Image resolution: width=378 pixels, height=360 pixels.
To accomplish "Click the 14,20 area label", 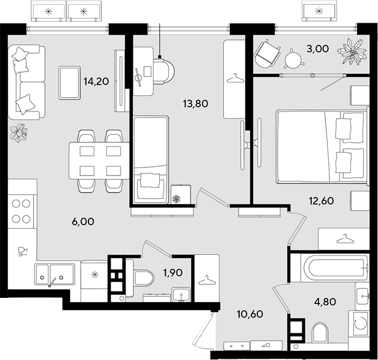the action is (96, 81).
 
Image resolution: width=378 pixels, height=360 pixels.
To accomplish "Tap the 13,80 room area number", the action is (195, 104).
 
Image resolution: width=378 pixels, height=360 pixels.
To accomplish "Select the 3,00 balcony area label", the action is (318, 49).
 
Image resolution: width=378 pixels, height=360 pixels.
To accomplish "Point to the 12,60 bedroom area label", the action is (321, 201).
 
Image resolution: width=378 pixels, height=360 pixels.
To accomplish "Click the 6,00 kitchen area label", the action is (83, 222).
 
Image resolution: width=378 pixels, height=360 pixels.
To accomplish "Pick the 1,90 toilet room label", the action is (173, 273).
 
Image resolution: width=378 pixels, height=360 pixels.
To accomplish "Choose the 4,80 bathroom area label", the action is (325, 302).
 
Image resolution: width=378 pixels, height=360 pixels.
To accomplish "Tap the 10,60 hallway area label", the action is (250, 314).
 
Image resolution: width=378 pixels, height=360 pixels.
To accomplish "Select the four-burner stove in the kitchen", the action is (22, 211).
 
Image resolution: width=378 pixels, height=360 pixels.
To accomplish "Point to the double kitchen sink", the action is (54, 274).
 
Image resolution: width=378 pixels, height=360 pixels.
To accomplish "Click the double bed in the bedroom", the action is (323, 147).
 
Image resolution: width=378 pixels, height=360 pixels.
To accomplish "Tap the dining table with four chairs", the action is (99, 161).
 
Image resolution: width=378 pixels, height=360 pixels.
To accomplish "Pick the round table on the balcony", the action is (294, 59).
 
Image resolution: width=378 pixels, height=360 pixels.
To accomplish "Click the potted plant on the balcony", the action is (353, 52).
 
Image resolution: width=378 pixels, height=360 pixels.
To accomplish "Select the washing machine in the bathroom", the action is (361, 323).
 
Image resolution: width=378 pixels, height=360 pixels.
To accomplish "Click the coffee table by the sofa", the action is (69, 82).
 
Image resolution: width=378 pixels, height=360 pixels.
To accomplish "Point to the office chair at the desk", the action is (164, 71).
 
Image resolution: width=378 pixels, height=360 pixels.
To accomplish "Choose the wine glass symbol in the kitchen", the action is (23, 252).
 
